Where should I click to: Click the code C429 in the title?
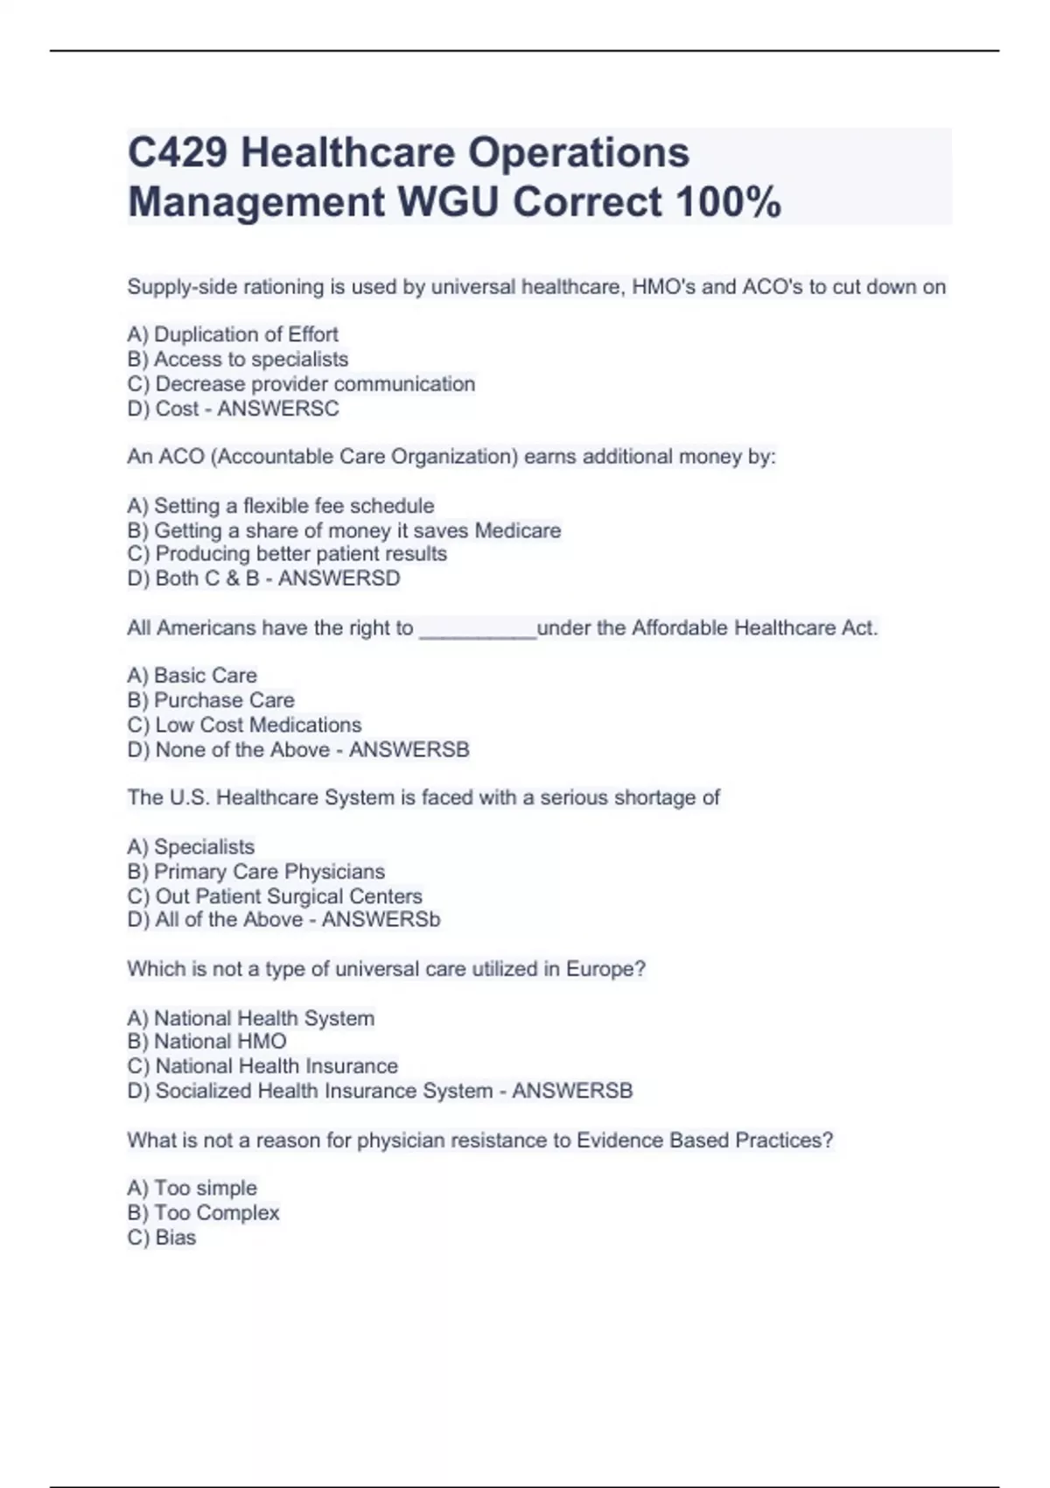pos(178,152)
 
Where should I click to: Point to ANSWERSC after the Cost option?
pos(278,409)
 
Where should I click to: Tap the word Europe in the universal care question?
pos(605,969)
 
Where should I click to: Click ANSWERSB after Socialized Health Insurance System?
pos(572,1091)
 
